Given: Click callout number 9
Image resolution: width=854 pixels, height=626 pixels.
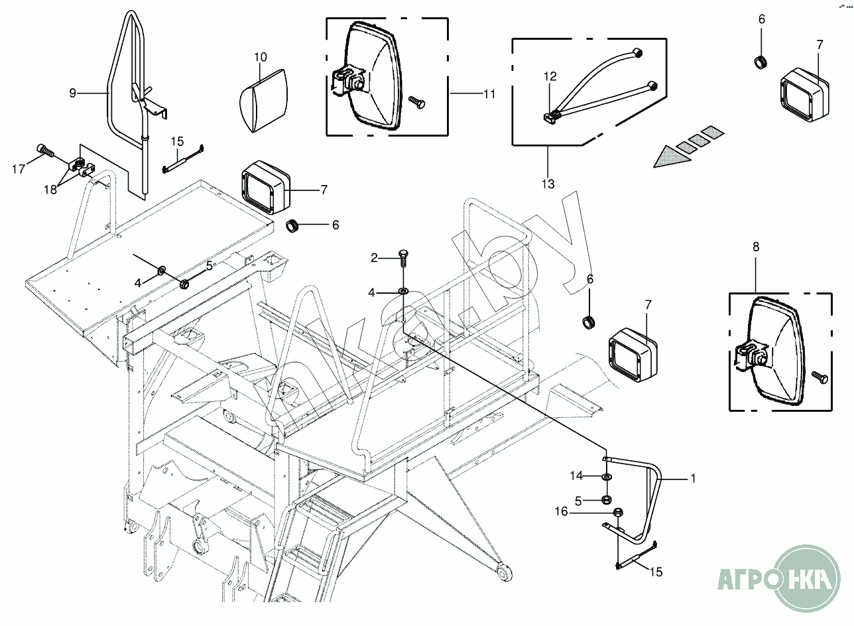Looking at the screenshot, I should tap(73, 93).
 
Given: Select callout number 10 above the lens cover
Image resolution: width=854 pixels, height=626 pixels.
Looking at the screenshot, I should tap(261, 57).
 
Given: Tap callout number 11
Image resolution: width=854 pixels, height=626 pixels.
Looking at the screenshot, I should tap(489, 94).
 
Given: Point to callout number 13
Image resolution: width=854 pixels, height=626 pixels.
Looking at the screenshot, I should tap(548, 184).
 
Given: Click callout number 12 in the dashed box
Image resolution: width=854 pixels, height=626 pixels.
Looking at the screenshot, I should tap(550, 77).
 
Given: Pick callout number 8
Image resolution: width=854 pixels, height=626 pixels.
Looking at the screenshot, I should tap(756, 246).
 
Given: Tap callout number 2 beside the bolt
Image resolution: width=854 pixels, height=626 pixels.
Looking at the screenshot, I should tap(374, 257).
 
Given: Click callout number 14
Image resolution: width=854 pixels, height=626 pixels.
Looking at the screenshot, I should tap(578, 475).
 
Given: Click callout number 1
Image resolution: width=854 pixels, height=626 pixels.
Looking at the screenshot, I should tap(694, 477).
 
